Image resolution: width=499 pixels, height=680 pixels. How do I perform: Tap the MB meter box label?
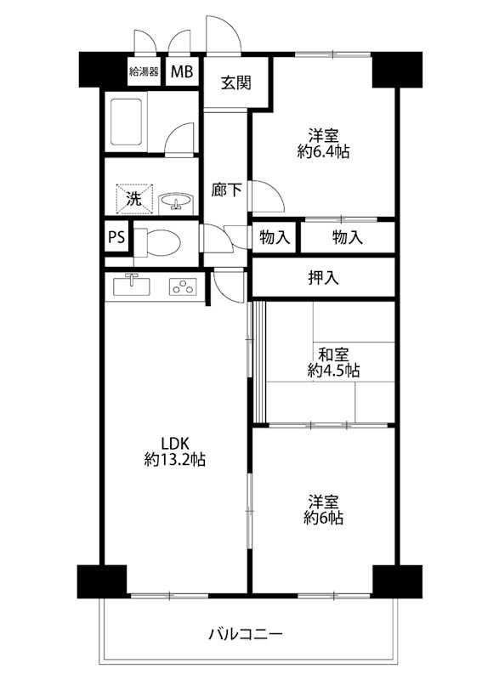[181, 71]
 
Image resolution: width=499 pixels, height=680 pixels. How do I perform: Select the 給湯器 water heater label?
[144, 71]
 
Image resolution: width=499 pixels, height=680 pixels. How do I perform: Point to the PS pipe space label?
[116, 238]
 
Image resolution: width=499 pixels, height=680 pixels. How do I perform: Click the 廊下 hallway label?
[226, 191]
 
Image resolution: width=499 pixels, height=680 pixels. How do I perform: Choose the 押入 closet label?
[323, 278]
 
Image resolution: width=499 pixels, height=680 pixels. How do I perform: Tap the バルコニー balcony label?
[246, 633]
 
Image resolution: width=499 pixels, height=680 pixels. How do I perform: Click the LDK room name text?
[174, 444]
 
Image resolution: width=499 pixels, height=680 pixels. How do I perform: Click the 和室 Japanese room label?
[332, 354]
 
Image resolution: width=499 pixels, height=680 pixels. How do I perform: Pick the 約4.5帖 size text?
[332, 371]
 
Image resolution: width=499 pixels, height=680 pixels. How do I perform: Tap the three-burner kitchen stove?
[183, 286]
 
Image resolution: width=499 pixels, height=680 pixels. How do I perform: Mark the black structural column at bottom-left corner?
[101, 581]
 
